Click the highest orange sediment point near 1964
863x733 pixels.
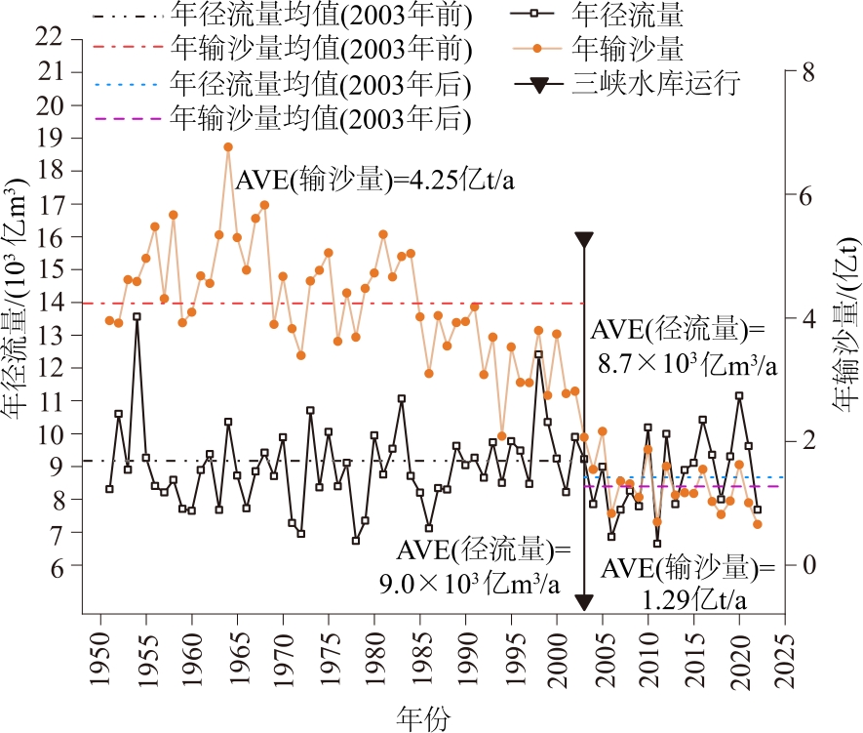(228, 146)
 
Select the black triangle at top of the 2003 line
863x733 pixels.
(584, 240)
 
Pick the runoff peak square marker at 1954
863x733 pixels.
(137, 316)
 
